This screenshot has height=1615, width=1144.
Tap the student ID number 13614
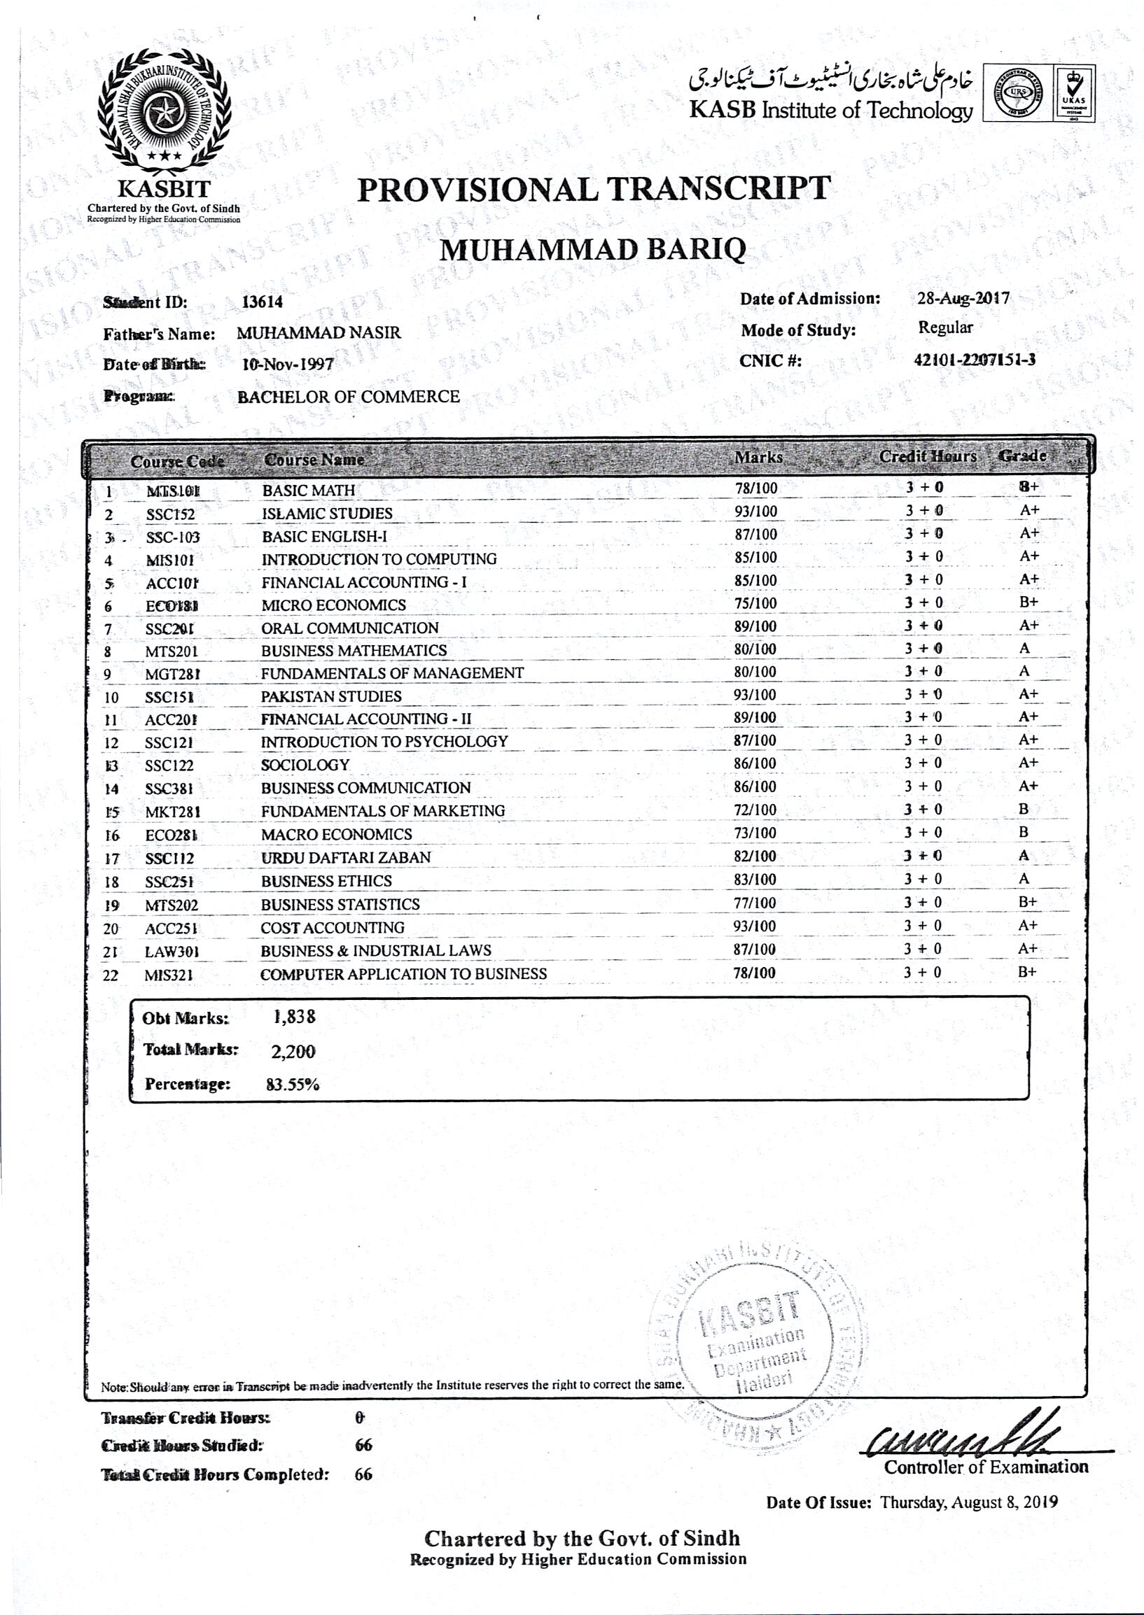tap(262, 302)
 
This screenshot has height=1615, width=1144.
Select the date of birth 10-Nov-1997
tap(288, 365)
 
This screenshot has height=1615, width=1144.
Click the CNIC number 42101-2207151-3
tap(975, 360)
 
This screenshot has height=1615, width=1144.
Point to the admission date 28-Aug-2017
tap(963, 299)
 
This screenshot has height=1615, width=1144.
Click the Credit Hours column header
tap(928, 456)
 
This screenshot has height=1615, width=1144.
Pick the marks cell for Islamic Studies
tap(756, 512)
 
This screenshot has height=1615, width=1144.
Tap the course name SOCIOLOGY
tap(305, 765)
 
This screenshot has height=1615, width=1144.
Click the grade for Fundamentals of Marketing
tap(1024, 810)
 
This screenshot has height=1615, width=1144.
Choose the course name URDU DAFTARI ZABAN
tap(346, 857)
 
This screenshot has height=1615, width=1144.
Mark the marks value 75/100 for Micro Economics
tap(756, 603)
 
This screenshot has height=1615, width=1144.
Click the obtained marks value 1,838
tap(295, 1017)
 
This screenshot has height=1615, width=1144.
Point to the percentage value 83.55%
tap(293, 1085)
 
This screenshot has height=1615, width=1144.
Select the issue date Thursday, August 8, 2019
tap(969, 1502)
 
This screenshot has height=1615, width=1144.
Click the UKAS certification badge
tap(1075, 94)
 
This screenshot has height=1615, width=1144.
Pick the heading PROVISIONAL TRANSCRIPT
tap(594, 189)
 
